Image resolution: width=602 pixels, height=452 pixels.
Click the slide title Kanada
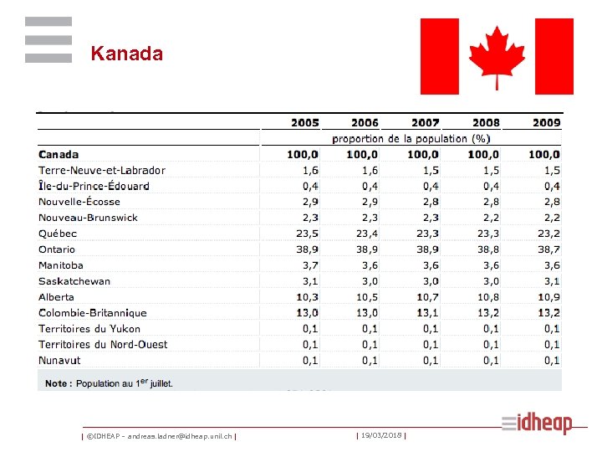point(126,54)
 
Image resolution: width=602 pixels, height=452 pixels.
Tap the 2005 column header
point(304,122)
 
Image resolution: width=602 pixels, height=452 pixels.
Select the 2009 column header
point(546,122)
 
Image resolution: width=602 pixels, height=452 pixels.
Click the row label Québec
point(58,234)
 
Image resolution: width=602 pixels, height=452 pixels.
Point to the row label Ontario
point(57,249)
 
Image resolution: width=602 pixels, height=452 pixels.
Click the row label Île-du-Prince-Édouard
point(94,186)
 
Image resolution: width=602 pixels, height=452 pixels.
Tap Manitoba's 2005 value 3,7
point(309,265)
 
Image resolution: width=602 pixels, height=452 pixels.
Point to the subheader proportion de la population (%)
point(411,138)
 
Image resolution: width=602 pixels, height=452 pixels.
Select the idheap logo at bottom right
point(537,423)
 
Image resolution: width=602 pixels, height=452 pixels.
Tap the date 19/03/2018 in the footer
point(381,435)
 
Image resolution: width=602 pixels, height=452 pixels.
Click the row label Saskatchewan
point(74,281)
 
